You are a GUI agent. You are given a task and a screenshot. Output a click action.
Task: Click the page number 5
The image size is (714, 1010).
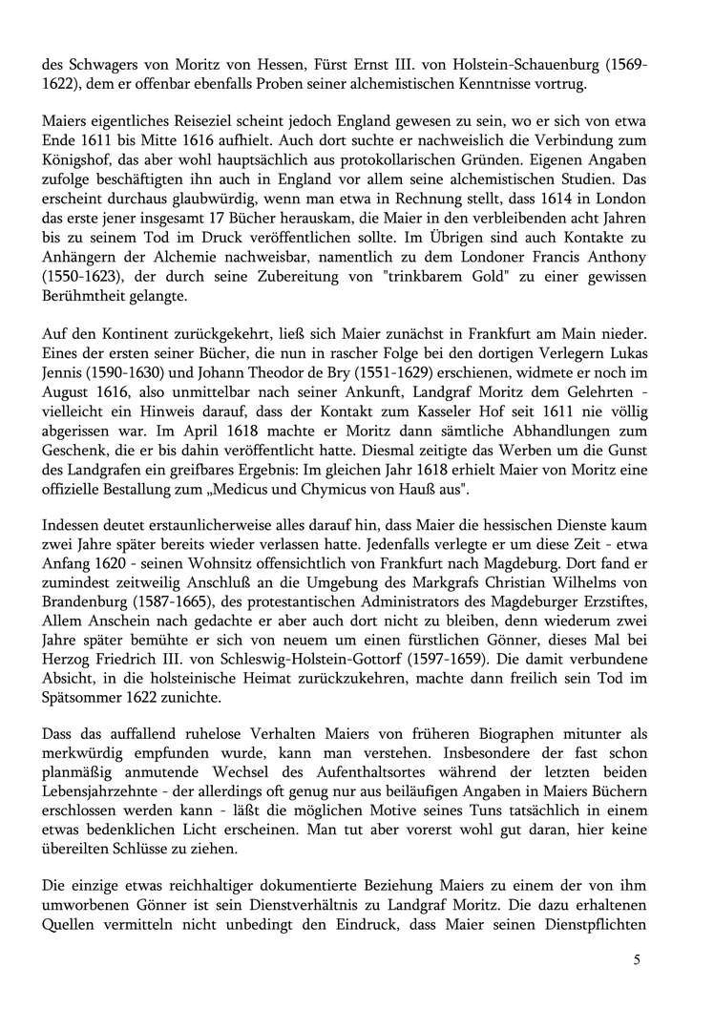pos(637,958)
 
